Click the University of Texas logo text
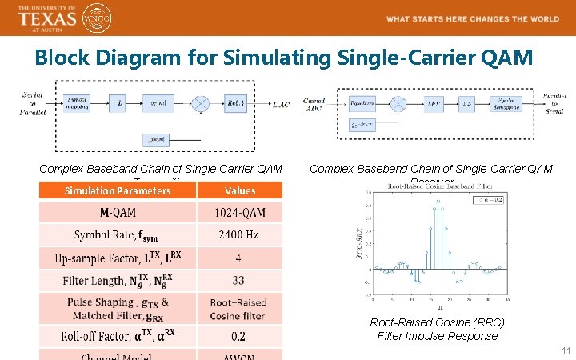tap(46, 17)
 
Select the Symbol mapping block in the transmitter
tap(77, 102)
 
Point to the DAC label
tap(281, 104)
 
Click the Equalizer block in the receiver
tap(362, 103)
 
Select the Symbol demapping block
tap(506, 103)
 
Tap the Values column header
tap(240, 190)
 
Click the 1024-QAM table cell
tap(240, 212)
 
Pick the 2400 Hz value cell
tap(240, 234)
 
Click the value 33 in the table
tap(240, 281)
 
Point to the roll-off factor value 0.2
tap(240, 336)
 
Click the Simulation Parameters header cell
tap(118, 190)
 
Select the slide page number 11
tap(566, 351)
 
